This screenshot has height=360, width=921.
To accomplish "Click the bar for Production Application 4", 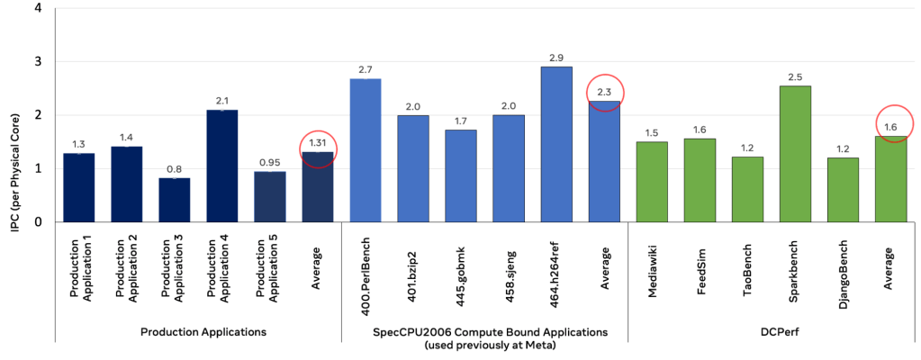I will coord(221,166).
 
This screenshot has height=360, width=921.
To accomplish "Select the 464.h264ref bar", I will coord(556,144).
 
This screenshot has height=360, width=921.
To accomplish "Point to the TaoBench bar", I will coord(747,189).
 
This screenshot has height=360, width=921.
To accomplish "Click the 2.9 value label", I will coord(556,58).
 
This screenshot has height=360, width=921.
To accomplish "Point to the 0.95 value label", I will coord(269,163).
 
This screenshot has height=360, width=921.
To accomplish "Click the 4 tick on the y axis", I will coord(36,10).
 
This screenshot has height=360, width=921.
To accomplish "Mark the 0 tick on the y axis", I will coord(36,221).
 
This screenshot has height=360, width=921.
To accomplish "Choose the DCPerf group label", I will coord(772,331).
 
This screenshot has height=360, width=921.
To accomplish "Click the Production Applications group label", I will coord(203,331).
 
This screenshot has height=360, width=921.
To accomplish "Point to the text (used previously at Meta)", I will coord(484,346).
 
